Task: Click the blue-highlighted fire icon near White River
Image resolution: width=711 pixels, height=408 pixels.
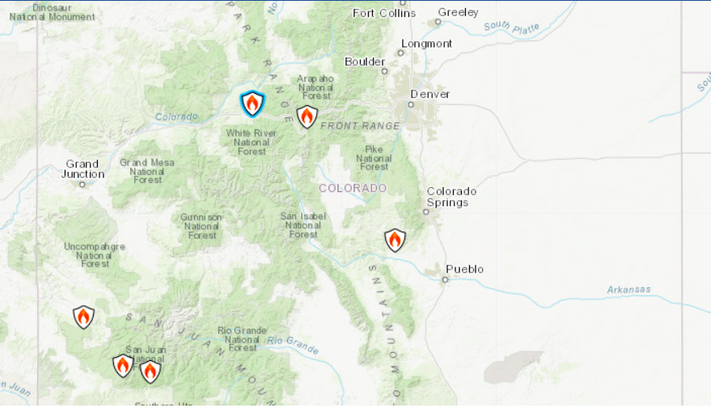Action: [x=252, y=104]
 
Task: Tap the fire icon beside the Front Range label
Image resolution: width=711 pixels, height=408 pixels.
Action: [x=307, y=117]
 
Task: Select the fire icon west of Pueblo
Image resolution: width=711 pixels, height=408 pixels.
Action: [x=395, y=240]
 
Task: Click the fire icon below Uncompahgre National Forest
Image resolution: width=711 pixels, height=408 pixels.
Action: [x=83, y=317]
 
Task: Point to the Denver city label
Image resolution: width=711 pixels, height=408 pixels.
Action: [x=430, y=94]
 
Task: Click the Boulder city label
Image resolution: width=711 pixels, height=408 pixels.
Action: [x=365, y=62]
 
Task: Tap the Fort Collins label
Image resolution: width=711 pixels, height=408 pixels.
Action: [x=384, y=12]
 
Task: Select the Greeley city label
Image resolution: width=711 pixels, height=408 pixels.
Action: [x=458, y=12]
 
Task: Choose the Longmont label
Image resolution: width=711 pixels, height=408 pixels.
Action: [x=426, y=43]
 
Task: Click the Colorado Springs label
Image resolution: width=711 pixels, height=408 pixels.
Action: [x=451, y=197]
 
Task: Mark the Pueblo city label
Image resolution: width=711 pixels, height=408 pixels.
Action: [x=464, y=269]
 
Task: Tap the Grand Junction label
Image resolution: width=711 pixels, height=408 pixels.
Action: [x=84, y=168]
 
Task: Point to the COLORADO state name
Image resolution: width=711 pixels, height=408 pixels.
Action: [x=353, y=188]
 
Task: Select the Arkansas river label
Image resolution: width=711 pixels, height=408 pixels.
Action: [x=628, y=289]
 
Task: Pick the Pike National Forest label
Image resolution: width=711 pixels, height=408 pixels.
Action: [x=374, y=158]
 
